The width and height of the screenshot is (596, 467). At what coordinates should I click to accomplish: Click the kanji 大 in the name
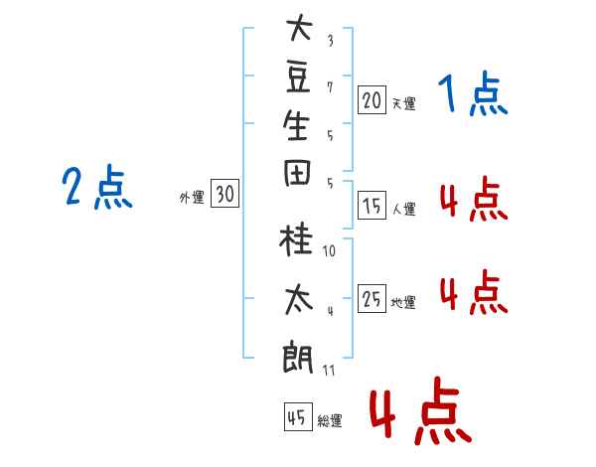tap(300, 27)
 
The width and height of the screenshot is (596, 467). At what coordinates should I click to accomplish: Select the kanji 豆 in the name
tap(298, 78)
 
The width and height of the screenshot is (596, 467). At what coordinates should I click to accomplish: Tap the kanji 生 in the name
tap(296, 125)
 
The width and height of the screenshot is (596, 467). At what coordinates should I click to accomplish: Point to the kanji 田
tap(297, 173)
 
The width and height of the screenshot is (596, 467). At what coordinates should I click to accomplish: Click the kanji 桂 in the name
tap(296, 238)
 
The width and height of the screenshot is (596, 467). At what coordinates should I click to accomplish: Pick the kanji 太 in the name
tap(299, 300)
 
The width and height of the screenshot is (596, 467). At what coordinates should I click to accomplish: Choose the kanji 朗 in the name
tap(298, 357)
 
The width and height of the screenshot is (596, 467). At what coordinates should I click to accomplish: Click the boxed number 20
tap(372, 100)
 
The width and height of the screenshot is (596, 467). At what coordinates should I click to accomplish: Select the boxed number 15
tap(372, 206)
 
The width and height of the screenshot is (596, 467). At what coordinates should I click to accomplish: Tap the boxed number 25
tap(372, 298)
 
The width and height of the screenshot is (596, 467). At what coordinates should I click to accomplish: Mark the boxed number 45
tap(298, 416)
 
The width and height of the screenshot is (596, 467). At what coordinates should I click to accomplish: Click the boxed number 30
tap(225, 193)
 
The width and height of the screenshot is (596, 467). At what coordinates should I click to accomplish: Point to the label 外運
tap(192, 198)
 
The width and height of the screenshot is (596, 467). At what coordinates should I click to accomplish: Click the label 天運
tap(404, 103)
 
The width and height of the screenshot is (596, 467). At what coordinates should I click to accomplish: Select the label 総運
tap(330, 420)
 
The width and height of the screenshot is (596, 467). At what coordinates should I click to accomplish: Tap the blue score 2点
tap(97, 187)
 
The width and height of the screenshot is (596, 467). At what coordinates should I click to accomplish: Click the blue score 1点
tap(473, 93)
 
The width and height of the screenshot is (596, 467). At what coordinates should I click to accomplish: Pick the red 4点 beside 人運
tap(474, 199)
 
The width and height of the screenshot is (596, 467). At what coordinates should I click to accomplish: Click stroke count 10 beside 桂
tap(329, 251)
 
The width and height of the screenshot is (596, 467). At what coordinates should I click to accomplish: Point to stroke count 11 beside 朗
tap(329, 371)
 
